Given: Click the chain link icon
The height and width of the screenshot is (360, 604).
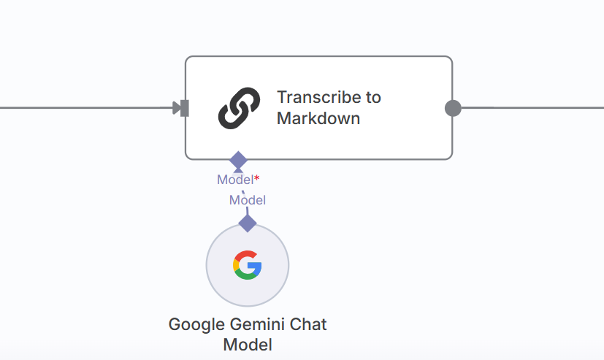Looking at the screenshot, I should [x=239, y=108].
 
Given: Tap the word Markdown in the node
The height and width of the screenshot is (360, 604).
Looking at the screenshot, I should [x=318, y=118].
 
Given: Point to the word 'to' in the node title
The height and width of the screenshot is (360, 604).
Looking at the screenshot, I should [x=372, y=97].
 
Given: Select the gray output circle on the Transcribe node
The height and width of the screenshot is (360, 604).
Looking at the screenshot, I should [x=453, y=108].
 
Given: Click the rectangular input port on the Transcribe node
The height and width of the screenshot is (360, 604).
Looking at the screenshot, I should [x=185, y=108].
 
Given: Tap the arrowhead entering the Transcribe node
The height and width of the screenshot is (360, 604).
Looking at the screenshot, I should [x=176, y=108].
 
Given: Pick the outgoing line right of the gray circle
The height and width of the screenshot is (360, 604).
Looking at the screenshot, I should [x=533, y=107].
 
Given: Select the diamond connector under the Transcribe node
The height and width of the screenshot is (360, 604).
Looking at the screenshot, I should [x=238, y=160].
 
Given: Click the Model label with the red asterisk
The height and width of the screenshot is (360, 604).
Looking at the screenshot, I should [x=234, y=180].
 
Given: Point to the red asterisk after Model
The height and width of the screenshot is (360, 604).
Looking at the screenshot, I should [x=256, y=178].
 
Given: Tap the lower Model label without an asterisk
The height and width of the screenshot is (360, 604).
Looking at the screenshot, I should [x=247, y=200].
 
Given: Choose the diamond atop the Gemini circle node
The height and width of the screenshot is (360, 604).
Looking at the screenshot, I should [x=248, y=223].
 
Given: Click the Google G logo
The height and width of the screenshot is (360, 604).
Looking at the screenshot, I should [x=248, y=264].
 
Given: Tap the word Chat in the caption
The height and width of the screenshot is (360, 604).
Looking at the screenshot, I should [x=309, y=323].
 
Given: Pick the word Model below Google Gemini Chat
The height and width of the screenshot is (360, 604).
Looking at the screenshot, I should [x=248, y=345].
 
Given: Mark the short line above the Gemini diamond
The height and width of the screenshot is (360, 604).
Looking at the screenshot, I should [x=248, y=212].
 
